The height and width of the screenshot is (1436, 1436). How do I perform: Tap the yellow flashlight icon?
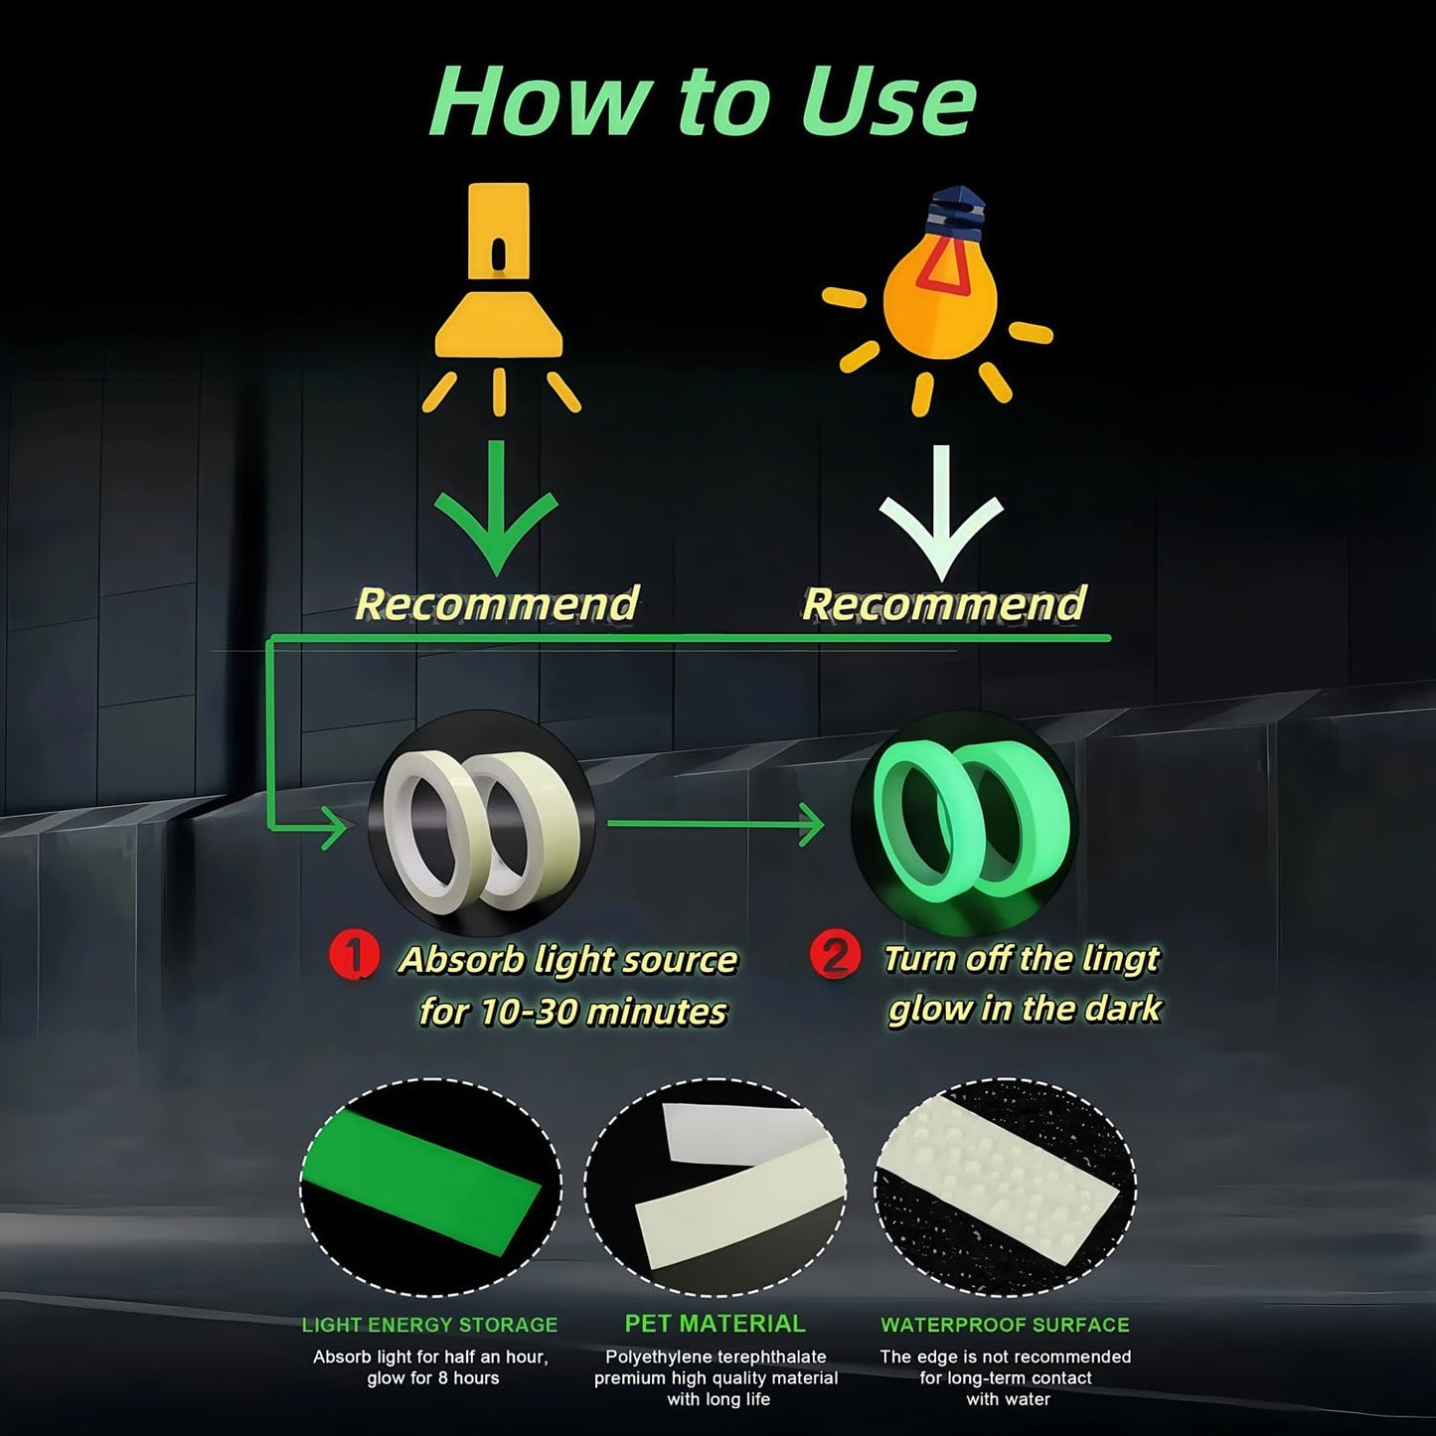click(499, 298)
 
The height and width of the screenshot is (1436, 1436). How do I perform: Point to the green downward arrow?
click(496, 508)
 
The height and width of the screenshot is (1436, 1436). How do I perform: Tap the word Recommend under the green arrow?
click(497, 603)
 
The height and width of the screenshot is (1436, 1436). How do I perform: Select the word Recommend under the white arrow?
click(944, 603)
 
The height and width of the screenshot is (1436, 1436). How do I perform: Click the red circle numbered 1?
click(354, 955)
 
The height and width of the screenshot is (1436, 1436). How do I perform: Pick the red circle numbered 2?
click(836, 955)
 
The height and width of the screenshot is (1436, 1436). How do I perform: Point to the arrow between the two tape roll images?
click(716, 824)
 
